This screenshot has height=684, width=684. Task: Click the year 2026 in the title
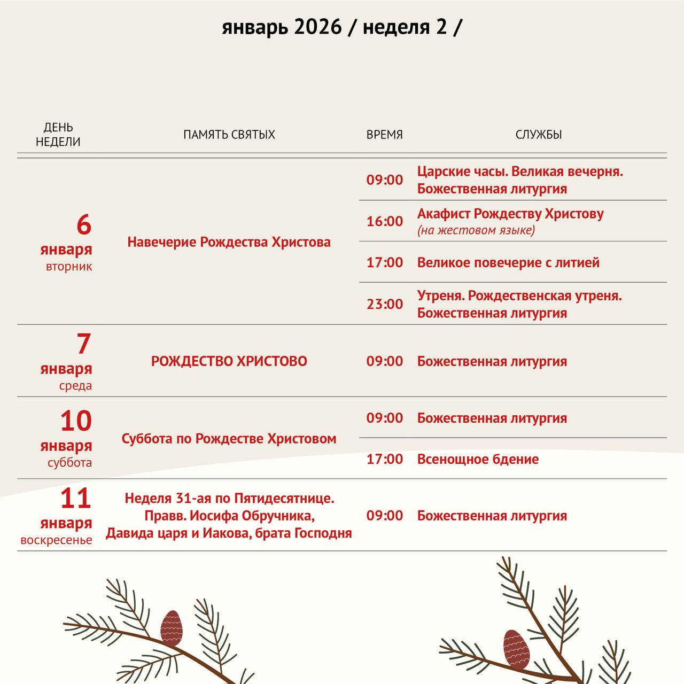coord(317,27)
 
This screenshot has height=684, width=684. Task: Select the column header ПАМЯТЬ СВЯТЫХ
coord(229,135)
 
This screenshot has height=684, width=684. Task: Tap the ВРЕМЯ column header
coord(384,135)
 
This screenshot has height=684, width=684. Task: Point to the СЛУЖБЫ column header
coord(538,135)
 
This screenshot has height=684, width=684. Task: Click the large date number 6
coord(84,225)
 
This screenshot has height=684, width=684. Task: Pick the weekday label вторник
coord(69,267)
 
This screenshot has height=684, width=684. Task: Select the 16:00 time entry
coord(384,221)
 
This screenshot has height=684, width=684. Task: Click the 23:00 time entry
coord(384,304)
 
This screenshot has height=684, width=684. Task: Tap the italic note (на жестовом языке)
coord(476,230)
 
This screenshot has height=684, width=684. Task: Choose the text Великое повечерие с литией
coord(508,262)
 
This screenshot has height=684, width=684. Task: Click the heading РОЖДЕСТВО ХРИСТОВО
coord(229,361)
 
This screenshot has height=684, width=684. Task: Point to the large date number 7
coord(84,344)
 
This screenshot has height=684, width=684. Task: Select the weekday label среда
coord(75,386)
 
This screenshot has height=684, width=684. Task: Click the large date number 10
coord(76,421)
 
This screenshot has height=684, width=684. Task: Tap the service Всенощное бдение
coord(478,459)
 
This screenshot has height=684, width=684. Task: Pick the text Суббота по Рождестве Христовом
coord(229,439)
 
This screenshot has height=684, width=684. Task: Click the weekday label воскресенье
coord(56,540)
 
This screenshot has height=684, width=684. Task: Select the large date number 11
coord(76,499)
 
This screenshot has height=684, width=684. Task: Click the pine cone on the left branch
coord(172,627)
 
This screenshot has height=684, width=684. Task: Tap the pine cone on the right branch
coord(516,649)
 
